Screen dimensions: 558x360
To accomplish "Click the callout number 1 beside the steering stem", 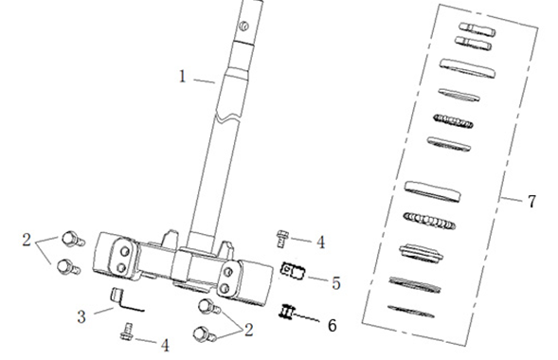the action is point(182,77).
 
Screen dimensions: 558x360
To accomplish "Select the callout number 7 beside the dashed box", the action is point(531,202).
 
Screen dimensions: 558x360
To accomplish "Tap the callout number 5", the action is point(336,283).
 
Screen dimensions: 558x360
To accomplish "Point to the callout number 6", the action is point(332,325).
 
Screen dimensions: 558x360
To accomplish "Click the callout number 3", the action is point(81,316).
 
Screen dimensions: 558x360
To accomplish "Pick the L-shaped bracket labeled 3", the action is point(123,299).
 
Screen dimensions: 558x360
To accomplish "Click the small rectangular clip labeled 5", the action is point(294,271).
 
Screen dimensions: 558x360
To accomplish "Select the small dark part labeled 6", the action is point(287,312).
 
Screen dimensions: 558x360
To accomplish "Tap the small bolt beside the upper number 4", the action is point(282,238).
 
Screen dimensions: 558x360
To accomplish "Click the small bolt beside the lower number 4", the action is point(127,332).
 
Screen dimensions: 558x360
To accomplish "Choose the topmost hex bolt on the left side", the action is point(73,239).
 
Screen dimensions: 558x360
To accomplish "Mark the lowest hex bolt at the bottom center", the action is point(205,334).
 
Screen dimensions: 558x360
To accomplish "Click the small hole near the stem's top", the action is point(244,26).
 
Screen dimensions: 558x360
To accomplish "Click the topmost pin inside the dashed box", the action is point(477,28).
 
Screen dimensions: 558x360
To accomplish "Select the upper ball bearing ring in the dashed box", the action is point(454,121).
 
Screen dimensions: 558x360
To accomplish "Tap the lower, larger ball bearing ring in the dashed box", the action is point(429,221).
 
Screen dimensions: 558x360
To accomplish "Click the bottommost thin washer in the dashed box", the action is point(411,312).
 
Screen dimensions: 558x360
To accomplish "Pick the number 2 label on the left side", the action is point(27,240).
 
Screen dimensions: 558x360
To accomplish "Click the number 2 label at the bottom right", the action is point(248,330).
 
